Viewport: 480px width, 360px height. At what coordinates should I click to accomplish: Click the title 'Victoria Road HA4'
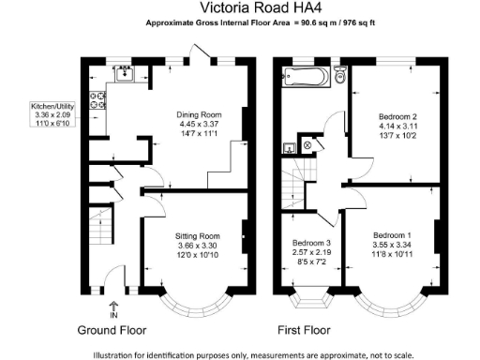tap(239, 10)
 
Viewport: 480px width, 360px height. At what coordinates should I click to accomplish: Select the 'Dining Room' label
tap(200, 115)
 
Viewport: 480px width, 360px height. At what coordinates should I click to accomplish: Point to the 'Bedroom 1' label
tap(391, 234)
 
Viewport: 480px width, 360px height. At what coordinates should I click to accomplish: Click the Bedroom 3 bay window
tap(309, 300)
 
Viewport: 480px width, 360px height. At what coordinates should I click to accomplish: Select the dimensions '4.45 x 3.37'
tap(200, 126)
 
